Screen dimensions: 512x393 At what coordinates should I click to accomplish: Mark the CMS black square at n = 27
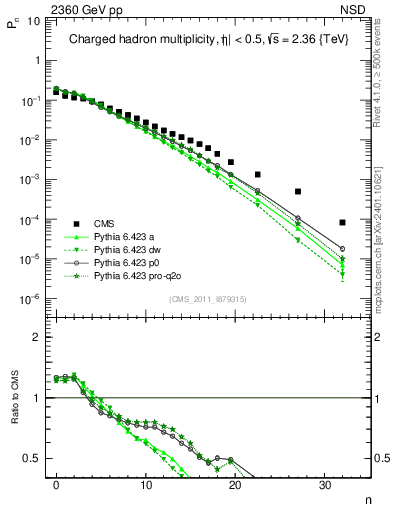[x=298, y=191]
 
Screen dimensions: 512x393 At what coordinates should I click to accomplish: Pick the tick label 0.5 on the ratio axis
[x=33, y=459]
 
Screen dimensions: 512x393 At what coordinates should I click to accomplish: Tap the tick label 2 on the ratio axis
[x=38, y=336]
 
